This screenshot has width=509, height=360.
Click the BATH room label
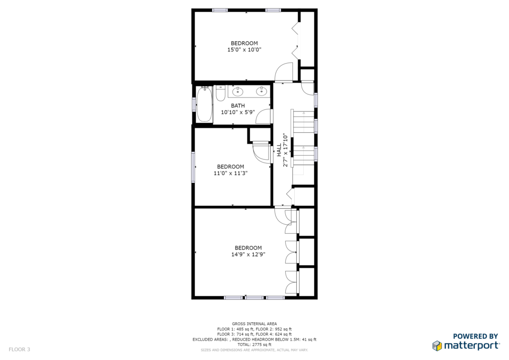(x=238, y=105)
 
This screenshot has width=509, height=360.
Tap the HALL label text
(x=279, y=150)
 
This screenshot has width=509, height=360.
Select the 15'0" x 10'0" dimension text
(x=245, y=50)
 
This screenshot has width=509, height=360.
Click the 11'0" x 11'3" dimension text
(x=231, y=173)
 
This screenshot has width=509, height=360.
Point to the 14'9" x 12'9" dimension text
(x=249, y=255)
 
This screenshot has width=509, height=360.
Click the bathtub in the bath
(x=204, y=104)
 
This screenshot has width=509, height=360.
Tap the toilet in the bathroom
(x=221, y=93)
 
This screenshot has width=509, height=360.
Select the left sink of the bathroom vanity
(x=238, y=91)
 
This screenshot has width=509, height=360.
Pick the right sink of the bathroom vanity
(x=261, y=91)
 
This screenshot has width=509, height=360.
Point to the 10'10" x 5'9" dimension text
(x=238, y=112)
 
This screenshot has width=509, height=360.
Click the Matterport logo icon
(x=437, y=346)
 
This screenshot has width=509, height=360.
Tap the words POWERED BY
(x=476, y=336)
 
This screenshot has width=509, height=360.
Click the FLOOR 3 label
(x=19, y=349)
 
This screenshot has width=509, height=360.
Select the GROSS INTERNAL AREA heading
(x=254, y=324)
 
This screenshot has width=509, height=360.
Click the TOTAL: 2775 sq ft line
(x=254, y=345)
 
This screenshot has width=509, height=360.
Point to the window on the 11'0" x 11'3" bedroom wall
(x=193, y=167)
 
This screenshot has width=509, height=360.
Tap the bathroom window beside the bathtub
(x=194, y=104)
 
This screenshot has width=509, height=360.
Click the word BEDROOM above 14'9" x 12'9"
(x=249, y=248)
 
